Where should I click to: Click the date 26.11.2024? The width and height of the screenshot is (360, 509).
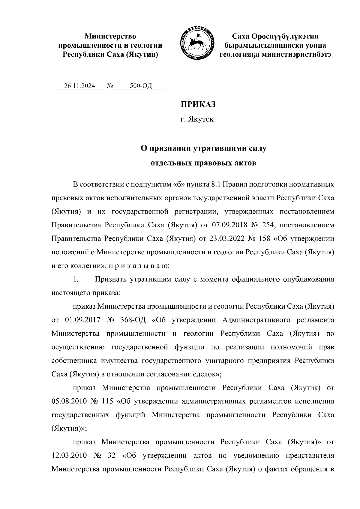79,86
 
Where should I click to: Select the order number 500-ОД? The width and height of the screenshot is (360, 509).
141,86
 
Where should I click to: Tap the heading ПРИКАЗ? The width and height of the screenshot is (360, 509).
198,105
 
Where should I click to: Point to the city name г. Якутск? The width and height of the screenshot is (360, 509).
197,120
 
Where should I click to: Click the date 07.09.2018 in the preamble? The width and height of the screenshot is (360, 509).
229,225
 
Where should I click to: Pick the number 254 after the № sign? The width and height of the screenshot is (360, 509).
270,225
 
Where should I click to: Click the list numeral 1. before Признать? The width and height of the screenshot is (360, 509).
76,280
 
